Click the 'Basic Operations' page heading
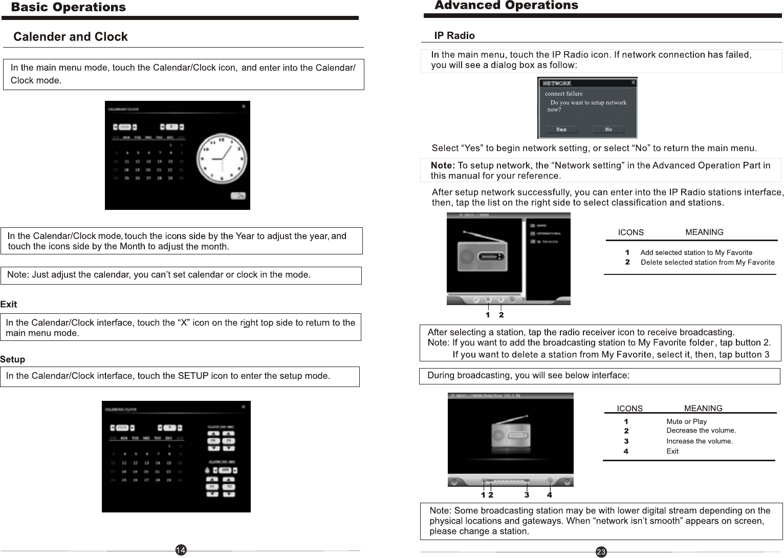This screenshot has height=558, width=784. (x=68, y=7)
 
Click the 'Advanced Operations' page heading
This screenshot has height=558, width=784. (x=506, y=6)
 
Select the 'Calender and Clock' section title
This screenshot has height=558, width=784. (x=71, y=37)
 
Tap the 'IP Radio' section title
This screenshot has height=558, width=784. (x=454, y=36)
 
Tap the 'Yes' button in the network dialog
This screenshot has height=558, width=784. (x=561, y=130)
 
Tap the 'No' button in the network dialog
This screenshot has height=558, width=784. (x=608, y=130)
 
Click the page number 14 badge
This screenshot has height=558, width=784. (x=181, y=550)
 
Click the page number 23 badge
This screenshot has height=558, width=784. (x=601, y=552)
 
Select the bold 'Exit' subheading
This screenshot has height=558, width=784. (x=9, y=305)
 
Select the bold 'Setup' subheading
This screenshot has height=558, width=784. (x=12, y=359)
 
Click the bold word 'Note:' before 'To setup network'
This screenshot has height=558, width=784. (x=443, y=166)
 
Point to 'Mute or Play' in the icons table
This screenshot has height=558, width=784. (x=686, y=421)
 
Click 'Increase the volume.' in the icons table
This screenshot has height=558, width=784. (x=699, y=441)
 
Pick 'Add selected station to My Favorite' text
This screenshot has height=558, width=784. (x=696, y=252)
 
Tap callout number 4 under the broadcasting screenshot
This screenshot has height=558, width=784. (x=550, y=495)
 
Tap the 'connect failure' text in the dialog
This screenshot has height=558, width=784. (x=563, y=94)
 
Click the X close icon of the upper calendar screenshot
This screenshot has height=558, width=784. (x=244, y=106)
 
